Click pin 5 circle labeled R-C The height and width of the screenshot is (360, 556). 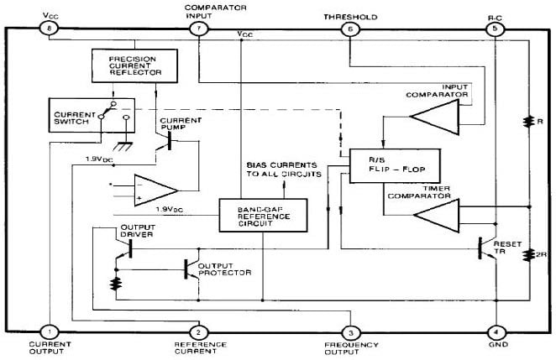click(x=497, y=29)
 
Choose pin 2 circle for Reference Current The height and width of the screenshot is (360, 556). click(x=198, y=331)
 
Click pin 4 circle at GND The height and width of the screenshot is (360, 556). click(x=497, y=331)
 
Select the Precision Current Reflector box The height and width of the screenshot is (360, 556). click(x=134, y=65)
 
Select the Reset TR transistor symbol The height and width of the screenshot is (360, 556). click(x=485, y=248)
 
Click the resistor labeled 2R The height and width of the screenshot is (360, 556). click(x=528, y=256)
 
